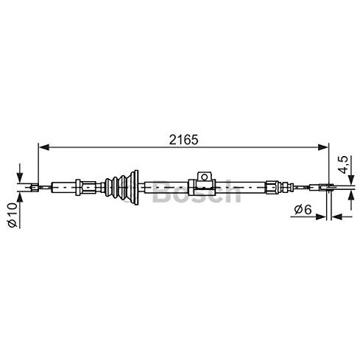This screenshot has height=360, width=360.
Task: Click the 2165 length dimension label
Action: click(x=183, y=140)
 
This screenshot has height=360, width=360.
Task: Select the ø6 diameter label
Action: click(x=303, y=209)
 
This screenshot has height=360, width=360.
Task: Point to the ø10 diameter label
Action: click(x=13, y=215)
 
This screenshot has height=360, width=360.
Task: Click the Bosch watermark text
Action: click(x=197, y=192)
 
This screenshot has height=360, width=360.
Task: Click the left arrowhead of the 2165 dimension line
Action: click(x=44, y=147)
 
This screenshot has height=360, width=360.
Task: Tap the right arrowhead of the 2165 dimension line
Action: click(x=322, y=147)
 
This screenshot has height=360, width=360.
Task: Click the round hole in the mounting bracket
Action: click(x=204, y=177)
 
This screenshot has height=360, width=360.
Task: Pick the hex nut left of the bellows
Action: click(x=78, y=188)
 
